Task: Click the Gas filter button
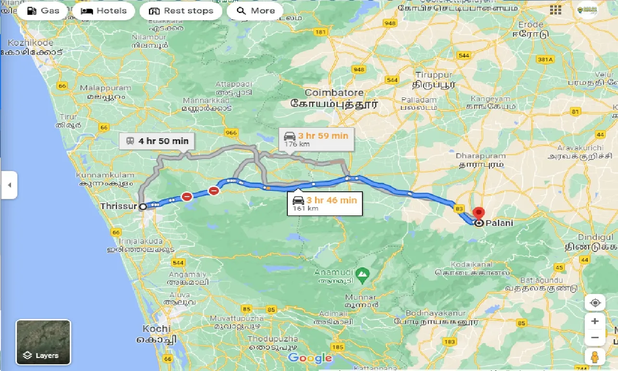(43, 11)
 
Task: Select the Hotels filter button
(103, 11)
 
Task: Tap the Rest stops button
(180, 11)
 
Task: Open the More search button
(256, 11)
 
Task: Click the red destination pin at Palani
(478, 212)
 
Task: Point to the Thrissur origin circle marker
(143, 207)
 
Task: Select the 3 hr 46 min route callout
(325, 203)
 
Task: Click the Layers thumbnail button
(43, 342)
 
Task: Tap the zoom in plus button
(595, 321)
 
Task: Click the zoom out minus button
(595, 338)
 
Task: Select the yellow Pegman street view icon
(595, 358)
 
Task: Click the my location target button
(595, 303)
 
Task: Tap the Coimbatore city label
(334, 93)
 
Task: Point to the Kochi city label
(156, 329)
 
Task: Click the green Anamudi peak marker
(361, 275)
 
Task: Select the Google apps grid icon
(555, 10)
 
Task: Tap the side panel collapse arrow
(9, 185)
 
